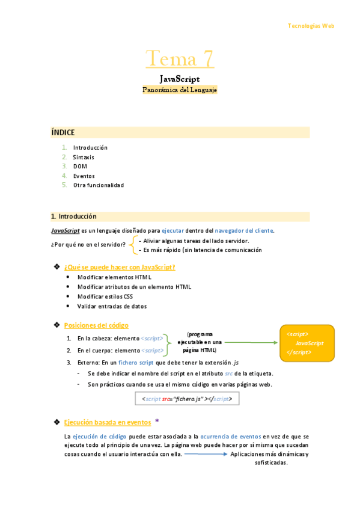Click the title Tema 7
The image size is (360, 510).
(x=180, y=59)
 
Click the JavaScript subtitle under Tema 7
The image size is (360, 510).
(x=180, y=79)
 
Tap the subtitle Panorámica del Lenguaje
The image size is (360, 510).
(x=180, y=90)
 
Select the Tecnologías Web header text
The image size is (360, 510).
(x=311, y=26)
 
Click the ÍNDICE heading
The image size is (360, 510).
(x=63, y=132)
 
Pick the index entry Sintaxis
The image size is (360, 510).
(x=84, y=157)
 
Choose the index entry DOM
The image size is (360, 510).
(x=80, y=166)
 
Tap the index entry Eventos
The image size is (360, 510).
(x=84, y=176)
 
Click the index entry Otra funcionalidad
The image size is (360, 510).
(x=99, y=185)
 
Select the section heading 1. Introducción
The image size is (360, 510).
(x=74, y=217)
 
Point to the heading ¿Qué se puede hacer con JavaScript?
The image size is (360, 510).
(x=120, y=267)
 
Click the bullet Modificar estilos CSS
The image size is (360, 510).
(x=105, y=296)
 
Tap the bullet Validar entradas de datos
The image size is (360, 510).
(x=112, y=306)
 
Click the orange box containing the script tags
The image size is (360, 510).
(x=307, y=343)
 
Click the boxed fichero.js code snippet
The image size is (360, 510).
(x=187, y=399)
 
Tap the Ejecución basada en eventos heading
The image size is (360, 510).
(x=108, y=422)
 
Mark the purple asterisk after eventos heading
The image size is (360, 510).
(x=157, y=421)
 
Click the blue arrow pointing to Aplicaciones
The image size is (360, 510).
(x=206, y=455)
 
